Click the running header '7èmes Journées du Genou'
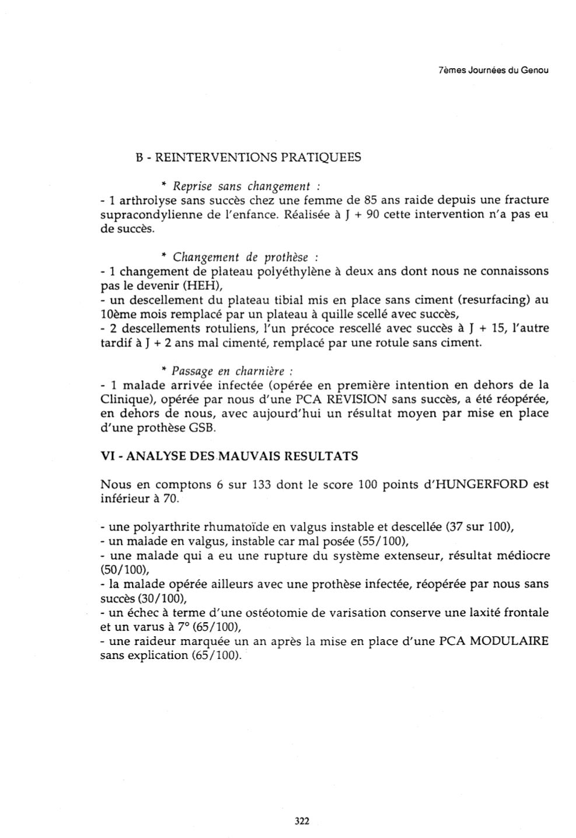[x=493, y=71]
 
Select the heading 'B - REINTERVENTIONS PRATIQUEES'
[x=248, y=157]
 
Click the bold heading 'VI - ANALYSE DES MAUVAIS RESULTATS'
[x=229, y=456]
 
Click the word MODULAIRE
[x=509, y=641]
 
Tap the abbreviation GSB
[x=203, y=428]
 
